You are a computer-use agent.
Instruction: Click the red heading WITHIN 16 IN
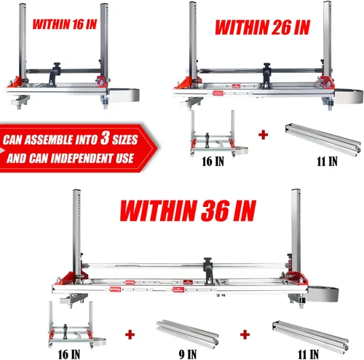(65, 24)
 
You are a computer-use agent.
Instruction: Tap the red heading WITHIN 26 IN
(263, 27)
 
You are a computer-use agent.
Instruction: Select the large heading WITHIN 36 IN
(188, 211)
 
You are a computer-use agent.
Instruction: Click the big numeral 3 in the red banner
(105, 138)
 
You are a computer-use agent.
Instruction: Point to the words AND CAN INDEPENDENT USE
(70, 158)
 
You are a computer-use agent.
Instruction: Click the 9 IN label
(188, 354)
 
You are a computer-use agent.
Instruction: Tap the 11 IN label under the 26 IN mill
(327, 161)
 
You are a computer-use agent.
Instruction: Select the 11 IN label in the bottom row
(308, 354)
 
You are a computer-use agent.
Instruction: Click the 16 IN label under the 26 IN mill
(213, 161)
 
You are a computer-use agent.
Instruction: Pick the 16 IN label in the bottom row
(69, 355)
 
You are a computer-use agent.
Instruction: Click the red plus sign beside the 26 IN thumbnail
(264, 135)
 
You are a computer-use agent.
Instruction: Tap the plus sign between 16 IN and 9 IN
(130, 334)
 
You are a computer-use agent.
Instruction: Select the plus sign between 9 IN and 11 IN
(245, 334)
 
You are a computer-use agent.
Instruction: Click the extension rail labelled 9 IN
(187, 334)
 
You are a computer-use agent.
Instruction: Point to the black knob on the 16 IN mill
(57, 66)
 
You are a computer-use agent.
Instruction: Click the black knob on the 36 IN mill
(207, 261)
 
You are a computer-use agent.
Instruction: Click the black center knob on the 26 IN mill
(267, 66)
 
